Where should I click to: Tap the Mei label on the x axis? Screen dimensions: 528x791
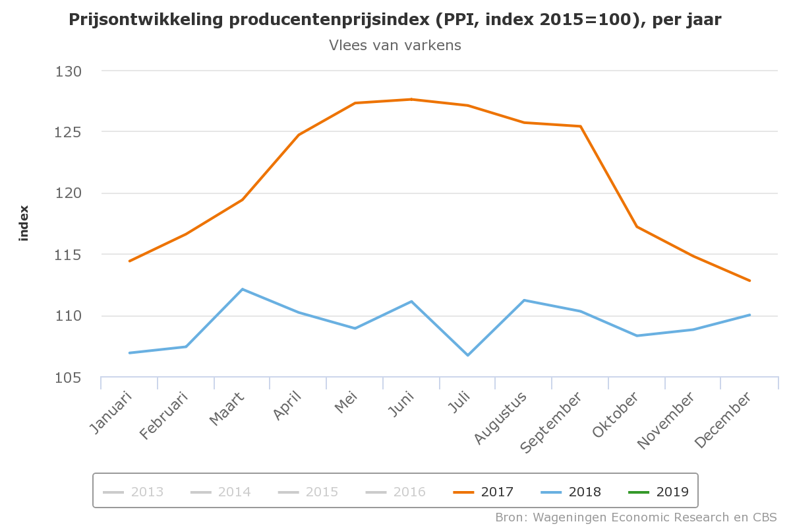(346, 404)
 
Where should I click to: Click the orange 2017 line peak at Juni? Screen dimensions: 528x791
(411, 100)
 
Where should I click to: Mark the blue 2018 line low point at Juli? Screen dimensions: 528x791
(468, 355)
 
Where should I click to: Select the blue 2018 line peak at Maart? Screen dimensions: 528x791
(243, 289)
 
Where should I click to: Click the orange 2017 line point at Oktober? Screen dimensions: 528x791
(637, 226)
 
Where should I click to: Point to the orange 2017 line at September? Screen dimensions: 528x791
(581, 126)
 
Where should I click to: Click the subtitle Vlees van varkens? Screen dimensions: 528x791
(395, 45)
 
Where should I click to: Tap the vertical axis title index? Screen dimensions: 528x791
(24, 223)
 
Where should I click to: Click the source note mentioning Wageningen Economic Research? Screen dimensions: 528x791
(636, 516)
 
